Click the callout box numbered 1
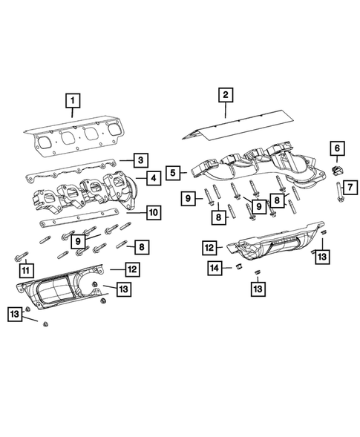(x=72, y=99)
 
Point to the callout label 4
(x=152, y=177)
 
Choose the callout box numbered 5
(x=172, y=173)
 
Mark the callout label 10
(x=152, y=213)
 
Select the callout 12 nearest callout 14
(x=210, y=246)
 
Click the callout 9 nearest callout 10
(x=77, y=240)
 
